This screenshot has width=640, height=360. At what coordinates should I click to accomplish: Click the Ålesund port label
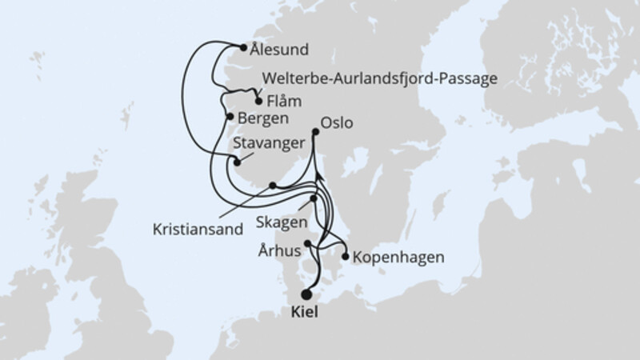click(278, 50)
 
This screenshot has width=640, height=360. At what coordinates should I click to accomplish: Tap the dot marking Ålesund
click(243, 46)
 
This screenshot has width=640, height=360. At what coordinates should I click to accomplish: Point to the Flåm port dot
click(258, 102)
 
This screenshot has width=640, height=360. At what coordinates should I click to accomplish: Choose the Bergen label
click(263, 118)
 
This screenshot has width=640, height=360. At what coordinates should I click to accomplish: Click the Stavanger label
click(267, 143)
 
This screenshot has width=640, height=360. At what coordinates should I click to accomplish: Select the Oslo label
click(336, 125)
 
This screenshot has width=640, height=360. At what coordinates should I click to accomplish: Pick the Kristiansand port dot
click(273, 186)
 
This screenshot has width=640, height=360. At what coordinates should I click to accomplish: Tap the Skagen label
click(278, 218)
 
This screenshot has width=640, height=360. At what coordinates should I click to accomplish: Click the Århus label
click(279, 250)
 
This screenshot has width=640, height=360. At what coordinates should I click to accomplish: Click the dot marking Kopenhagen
click(345, 258)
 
